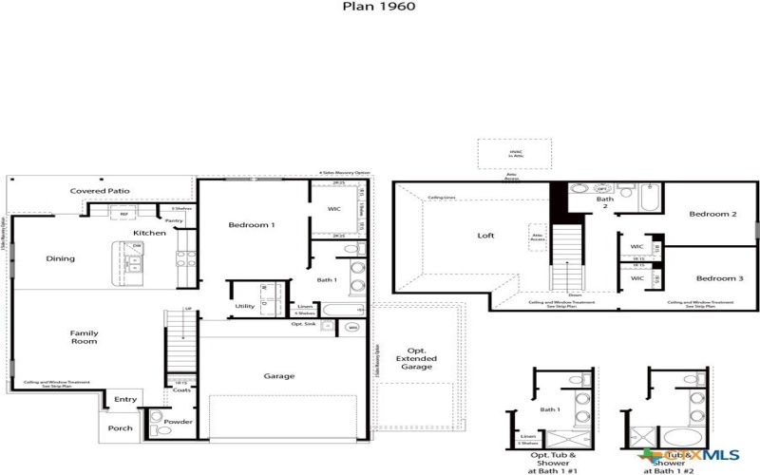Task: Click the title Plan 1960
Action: tap(379, 6)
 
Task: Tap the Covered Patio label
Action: tap(100, 191)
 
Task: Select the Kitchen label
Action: tap(149, 233)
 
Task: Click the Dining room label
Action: tap(61, 258)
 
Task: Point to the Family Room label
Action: tap(84, 337)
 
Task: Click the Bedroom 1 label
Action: tap(252, 225)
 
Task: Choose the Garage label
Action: tap(278, 376)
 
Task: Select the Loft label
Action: tap(485, 236)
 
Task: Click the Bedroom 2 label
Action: tap(713, 215)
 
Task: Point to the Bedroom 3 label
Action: tap(713, 278)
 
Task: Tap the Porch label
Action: tap(120, 427)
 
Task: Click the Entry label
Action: tap(125, 400)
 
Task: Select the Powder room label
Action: tap(179, 422)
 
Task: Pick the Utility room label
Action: tap(245, 306)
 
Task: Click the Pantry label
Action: tap(175, 220)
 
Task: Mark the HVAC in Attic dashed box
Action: tap(514, 154)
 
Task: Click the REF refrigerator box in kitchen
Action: tap(123, 215)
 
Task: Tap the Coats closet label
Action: tap(181, 389)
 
